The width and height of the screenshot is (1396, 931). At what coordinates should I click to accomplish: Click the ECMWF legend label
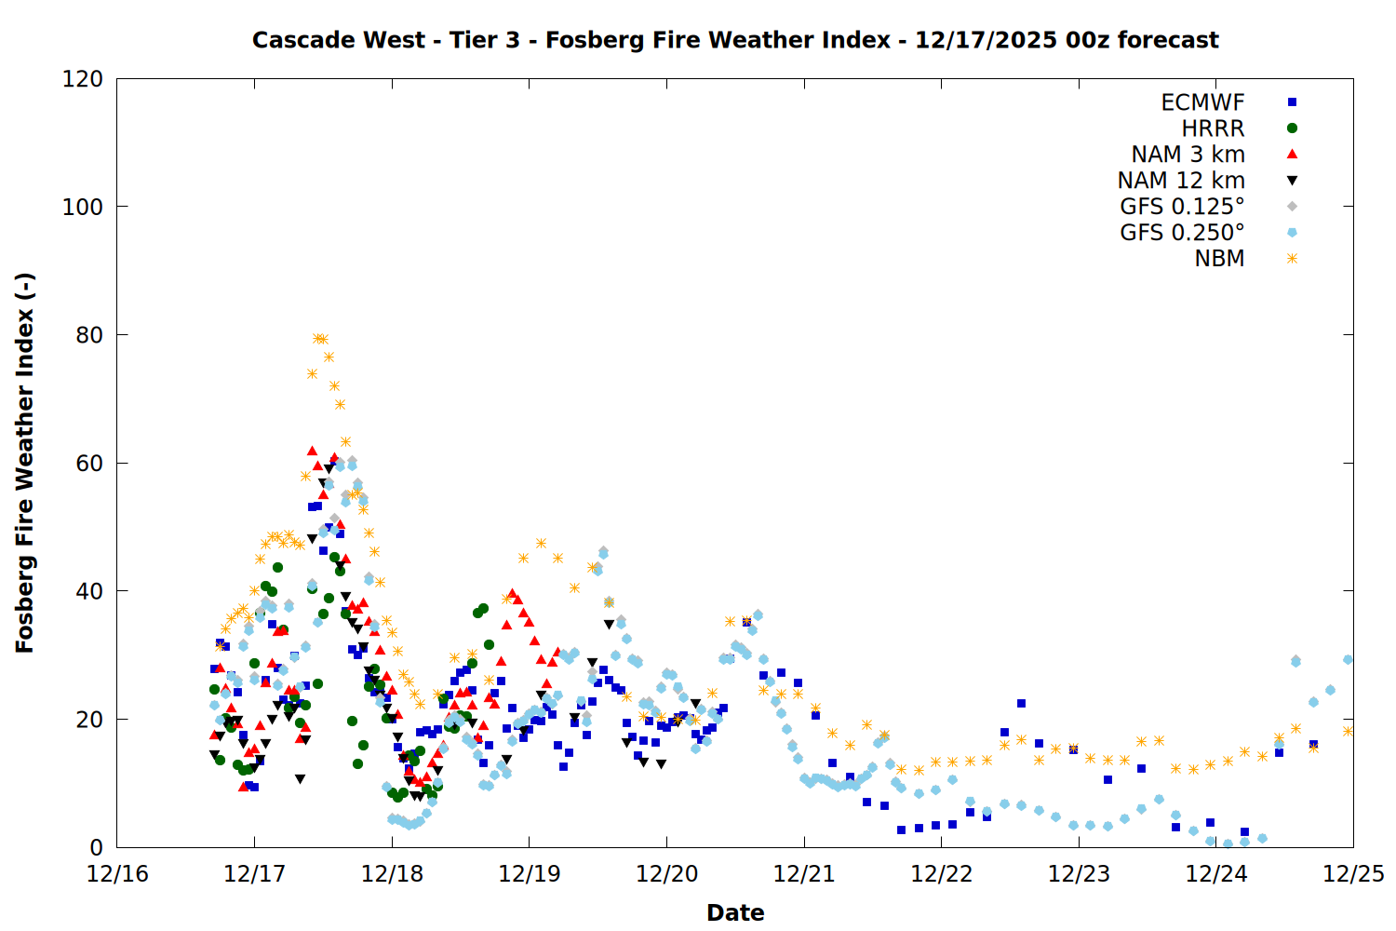pos(1202,102)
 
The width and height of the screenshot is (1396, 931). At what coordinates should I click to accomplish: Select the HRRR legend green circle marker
pos(1292,128)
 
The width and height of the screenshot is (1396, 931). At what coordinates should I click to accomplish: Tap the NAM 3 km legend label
pos(1188,155)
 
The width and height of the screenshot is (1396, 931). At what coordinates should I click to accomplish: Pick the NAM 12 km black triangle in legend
pos(1292,181)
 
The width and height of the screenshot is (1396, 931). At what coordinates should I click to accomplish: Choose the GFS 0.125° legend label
pos(1182,207)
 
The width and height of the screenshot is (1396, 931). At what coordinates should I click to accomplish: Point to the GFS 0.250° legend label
pos(1182,233)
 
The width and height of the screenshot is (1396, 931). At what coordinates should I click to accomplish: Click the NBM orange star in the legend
pos(1292,259)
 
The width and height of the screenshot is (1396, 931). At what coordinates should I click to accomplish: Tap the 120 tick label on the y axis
pos(83,79)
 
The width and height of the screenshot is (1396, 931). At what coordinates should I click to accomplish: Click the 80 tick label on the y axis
pos(88,335)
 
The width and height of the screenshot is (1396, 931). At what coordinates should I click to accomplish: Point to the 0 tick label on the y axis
pos(96,848)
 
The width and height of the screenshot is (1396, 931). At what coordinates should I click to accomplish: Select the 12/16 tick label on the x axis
pos(117,874)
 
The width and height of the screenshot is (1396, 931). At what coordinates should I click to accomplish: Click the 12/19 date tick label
pos(530,874)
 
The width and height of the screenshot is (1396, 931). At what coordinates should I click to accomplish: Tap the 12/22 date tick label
pos(942,874)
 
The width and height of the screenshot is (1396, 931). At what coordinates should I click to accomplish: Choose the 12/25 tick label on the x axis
pos(1353,874)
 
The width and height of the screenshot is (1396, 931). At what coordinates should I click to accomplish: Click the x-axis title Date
pos(735,912)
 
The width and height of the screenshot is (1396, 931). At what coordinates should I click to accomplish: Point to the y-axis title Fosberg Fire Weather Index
pos(25,463)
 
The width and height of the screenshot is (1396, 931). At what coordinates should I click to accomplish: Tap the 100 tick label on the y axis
pos(83,207)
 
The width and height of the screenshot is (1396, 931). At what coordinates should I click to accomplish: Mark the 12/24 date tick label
pos(1216,874)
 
